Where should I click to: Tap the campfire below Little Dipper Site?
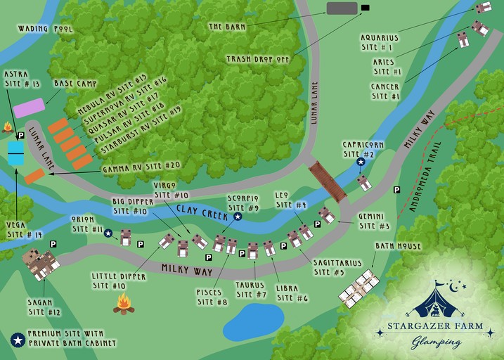(x=124, y=304)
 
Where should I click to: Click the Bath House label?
(x=398, y=247)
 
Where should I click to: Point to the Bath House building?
(x=360, y=289)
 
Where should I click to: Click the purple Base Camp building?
(x=30, y=108)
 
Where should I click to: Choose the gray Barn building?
(x=342, y=8)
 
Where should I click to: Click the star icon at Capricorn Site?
(x=361, y=162)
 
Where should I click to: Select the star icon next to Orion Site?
(x=108, y=233)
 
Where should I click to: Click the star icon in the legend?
(x=18, y=340)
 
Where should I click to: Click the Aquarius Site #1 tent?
(x=483, y=8)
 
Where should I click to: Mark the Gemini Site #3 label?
(x=374, y=221)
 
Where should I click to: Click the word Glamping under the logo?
(x=437, y=342)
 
